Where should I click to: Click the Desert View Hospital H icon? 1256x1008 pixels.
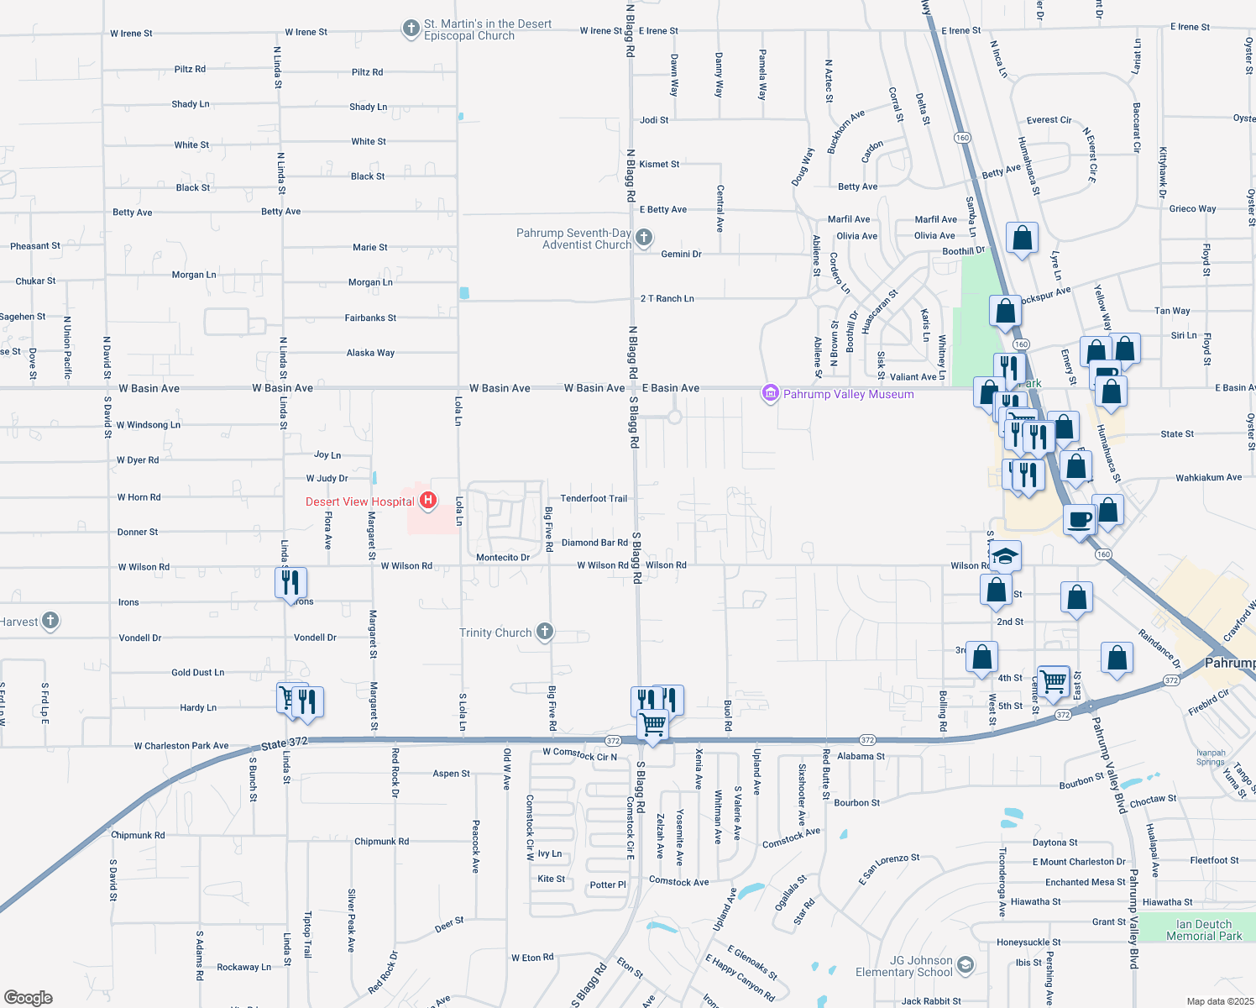(x=428, y=501)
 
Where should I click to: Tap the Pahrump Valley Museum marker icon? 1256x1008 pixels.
(x=770, y=393)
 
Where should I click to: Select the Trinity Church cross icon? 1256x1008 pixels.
(x=544, y=632)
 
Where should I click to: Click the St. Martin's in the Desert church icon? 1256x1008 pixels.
(x=411, y=29)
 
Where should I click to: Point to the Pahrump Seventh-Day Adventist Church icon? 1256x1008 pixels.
(x=644, y=238)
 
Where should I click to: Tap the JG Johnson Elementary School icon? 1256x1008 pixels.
(x=966, y=964)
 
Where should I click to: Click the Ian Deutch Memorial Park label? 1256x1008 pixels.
(x=1204, y=930)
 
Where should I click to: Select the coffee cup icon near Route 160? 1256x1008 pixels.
(x=1080, y=519)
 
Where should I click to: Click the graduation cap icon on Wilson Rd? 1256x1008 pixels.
(x=1005, y=555)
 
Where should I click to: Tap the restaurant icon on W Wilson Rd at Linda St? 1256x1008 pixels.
(x=290, y=581)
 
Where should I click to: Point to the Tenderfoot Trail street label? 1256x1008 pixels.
(x=594, y=498)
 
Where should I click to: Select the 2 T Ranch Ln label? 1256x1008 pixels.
(x=667, y=298)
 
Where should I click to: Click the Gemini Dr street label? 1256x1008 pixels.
(x=681, y=254)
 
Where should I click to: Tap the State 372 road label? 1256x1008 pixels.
(x=284, y=743)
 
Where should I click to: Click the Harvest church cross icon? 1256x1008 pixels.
(x=50, y=621)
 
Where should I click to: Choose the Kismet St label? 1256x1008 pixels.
(x=659, y=164)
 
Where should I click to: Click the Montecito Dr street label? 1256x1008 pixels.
(x=503, y=557)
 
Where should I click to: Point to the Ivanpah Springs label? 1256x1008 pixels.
(x=1211, y=758)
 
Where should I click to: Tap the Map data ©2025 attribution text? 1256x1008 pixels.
(x=1220, y=1001)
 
